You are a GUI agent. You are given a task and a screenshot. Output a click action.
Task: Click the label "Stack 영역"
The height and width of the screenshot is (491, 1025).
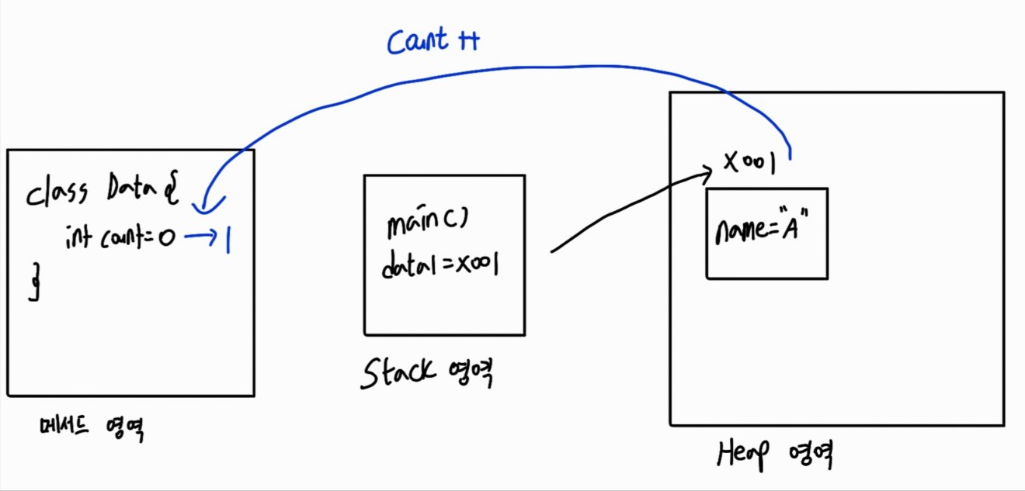coord(428,375)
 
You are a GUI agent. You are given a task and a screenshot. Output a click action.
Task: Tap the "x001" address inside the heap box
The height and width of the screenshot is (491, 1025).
coord(749,163)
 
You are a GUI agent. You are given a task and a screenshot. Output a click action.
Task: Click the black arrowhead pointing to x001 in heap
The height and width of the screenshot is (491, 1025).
coord(707,172)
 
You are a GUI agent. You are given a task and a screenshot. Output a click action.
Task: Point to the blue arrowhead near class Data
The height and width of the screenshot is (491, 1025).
coord(203,206)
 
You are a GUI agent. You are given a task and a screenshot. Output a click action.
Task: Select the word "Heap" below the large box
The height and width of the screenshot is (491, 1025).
coord(742,455)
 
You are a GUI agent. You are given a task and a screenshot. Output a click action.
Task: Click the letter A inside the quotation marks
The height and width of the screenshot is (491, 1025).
coord(791,231)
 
